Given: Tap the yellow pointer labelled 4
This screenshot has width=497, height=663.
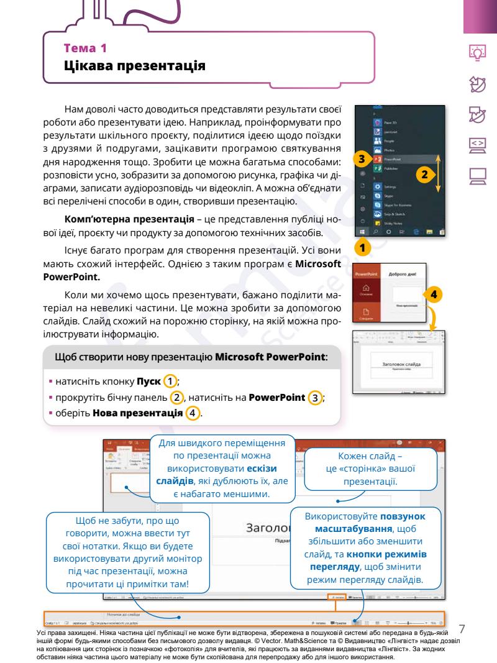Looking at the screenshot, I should [434, 294].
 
